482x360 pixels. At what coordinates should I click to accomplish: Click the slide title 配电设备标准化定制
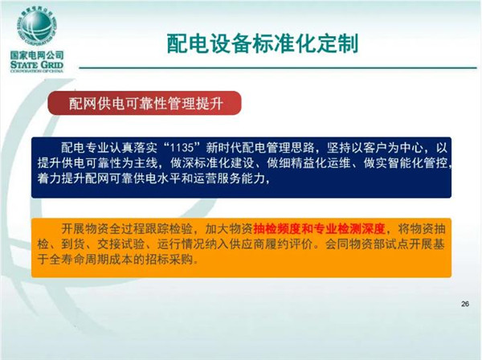[263, 43]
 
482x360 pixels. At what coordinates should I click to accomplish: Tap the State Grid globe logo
[37, 26]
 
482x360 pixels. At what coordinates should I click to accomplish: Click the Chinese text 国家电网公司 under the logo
[37, 55]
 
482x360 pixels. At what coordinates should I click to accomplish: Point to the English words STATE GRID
[37, 65]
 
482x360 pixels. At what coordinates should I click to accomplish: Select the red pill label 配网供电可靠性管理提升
[145, 104]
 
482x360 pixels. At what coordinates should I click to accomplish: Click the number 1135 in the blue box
[182, 148]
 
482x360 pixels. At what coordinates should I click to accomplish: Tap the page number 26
[465, 304]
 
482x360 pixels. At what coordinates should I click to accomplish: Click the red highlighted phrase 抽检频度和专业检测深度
[319, 229]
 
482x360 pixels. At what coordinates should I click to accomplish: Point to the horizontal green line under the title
[278, 67]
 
